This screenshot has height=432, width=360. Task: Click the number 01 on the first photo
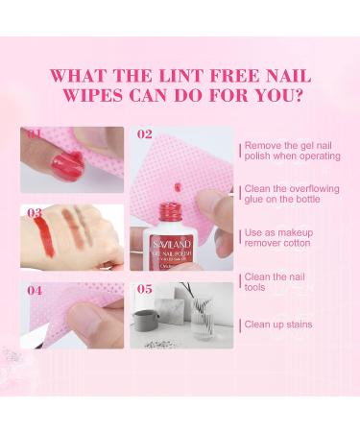tap(35, 134)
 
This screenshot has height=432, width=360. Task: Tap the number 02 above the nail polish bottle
tap(144, 134)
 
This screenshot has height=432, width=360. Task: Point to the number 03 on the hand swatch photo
tap(35, 212)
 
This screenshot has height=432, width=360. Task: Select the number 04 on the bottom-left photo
tap(35, 289)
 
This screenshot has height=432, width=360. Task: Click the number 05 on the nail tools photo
tap(144, 289)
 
